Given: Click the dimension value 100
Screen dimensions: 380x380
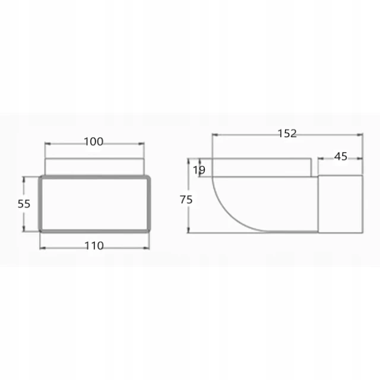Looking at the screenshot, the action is pyautogui.click(x=94, y=141).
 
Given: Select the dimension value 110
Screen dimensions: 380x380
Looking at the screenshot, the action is pyautogui.click(x=94, y=246).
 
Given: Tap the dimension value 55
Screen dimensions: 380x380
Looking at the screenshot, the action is pyautogui.click(x=24, y=204).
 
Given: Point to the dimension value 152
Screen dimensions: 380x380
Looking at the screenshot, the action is pyautogui.click(x=287, y=134).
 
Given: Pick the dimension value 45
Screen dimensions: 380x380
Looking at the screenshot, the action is pyautogui.click(x=341, y=157).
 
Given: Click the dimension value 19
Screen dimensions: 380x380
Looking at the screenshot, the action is pyautogui.click(x=199, y=170).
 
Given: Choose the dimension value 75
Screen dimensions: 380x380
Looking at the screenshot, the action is pyautogui.click(x=186, y=199).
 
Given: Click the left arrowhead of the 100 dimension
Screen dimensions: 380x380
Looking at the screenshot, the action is pyautogui.click(x=47, y=144).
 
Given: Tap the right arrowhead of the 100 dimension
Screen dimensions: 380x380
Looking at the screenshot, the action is pyautogui.click(x=141, y=144).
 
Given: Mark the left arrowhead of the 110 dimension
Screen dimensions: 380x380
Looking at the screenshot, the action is pyautogui.click(x=43, y=248).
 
